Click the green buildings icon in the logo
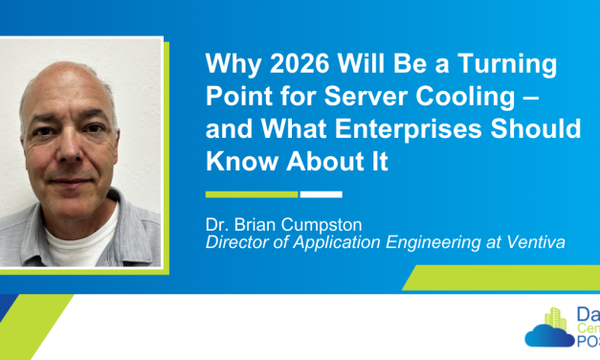tap(556, 317)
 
